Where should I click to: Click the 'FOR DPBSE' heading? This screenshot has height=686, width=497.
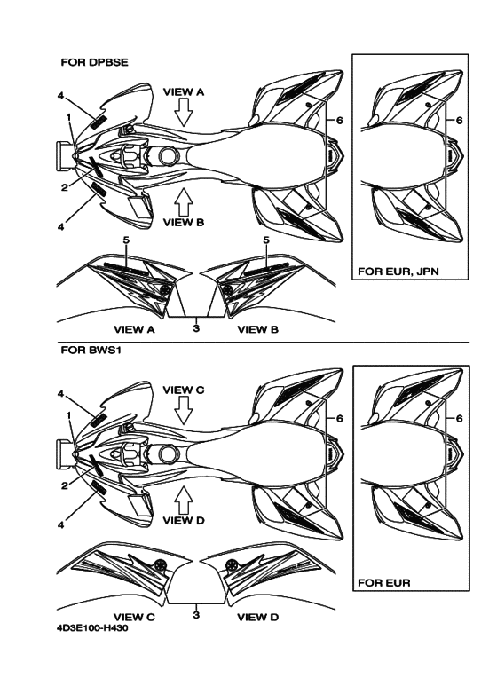[94, 62]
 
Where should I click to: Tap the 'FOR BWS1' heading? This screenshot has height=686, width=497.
[91, 351]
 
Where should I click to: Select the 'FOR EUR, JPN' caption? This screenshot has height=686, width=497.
[398, 272]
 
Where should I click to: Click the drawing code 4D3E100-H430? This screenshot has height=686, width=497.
[92, 628]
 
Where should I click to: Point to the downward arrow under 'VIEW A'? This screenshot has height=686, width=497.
[184, 112]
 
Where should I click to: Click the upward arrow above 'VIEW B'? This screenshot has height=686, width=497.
[184, 201]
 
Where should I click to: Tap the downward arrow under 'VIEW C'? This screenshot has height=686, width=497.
[184, 410]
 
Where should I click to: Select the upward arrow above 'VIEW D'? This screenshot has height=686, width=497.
[184, 500]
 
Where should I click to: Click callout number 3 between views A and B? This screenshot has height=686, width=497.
[196, 327]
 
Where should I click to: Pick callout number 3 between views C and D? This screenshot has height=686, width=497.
[196, 614]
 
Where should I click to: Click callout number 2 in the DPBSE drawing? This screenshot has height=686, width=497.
[65, 187]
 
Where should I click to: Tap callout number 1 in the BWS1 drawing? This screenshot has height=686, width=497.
[68, 414]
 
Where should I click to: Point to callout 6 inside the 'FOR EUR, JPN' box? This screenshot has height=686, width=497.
[459, 120]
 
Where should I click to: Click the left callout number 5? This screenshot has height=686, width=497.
[126, 240]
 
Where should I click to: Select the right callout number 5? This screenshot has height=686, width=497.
[266, 240]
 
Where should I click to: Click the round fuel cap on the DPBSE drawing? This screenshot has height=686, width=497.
[169, 155]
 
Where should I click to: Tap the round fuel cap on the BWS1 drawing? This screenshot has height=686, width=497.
[169, 454]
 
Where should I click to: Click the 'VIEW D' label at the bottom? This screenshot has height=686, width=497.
[257, 617]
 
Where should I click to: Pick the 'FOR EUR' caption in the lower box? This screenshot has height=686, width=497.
[384, 583]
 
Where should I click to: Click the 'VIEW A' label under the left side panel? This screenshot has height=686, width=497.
[134, 329]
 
